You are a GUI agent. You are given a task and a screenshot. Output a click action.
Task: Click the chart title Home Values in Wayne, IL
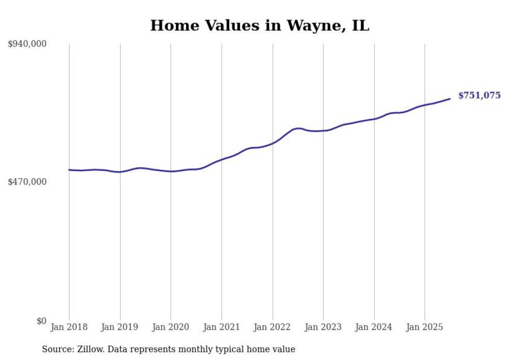coord(260,25)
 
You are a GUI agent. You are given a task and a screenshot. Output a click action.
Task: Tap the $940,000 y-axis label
coord(27,44)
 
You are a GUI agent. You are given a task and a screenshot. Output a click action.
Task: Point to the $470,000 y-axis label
coord(27,182)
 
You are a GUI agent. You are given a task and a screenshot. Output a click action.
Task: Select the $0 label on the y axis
coord(41,321)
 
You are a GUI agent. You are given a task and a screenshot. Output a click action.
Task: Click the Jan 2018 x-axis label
coord(69,327)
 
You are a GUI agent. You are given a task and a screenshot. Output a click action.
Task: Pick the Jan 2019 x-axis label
coord(120,327)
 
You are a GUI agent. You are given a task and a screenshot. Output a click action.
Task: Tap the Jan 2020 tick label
coord(171,327)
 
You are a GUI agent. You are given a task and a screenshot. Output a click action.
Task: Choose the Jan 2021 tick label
coord(222,327)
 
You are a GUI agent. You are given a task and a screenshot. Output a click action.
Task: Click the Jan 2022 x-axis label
coord(273,327)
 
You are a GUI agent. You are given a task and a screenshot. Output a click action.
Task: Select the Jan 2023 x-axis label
coord(323,327)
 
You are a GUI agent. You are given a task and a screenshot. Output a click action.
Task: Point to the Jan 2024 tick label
coord(374,327)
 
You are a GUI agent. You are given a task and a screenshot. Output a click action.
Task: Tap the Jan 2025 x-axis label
coord(425,327)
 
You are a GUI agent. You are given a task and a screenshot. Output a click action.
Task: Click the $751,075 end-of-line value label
coord(479,95)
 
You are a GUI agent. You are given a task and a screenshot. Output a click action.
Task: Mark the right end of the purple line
coord(450,98)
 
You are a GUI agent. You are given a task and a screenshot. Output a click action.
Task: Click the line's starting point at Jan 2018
coord(69,169)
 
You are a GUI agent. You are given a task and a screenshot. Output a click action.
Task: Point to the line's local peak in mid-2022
coord(298,128)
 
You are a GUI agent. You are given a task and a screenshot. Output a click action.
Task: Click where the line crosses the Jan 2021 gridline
coord(222,159)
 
